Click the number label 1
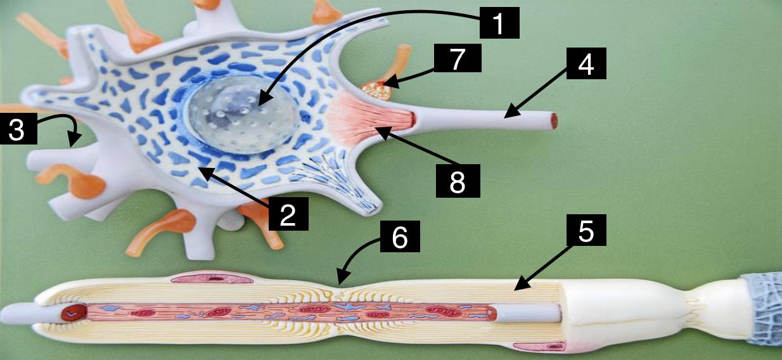click(x=498, y=23)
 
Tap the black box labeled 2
click(x=288, y=214)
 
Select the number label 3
click(x=16, y=130)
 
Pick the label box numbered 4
click(x=586, y=64)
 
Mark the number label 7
click(x=458, y=59)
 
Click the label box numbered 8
click(x=457, y=181)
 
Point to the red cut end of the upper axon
click(x=554, y=120)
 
